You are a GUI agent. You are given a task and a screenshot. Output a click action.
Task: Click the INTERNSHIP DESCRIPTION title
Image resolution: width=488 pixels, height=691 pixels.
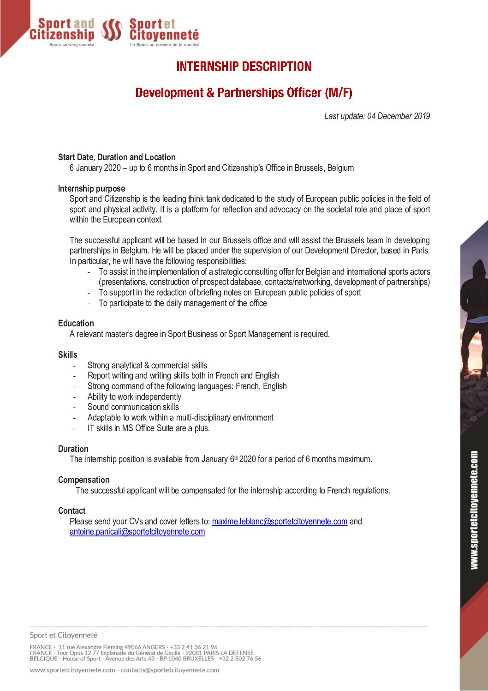pyautogui.click(x=244, y=66)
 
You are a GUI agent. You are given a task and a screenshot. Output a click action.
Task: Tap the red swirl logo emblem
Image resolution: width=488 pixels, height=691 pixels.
pyautogui.click(x=112, y=30)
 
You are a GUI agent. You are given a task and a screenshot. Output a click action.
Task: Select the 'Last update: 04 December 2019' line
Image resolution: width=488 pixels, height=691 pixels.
pyautogui.click(x=377, y=116)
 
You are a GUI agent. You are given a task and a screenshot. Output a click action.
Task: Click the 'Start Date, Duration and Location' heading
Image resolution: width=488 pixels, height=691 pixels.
pyautogui.click(x=117, y=157)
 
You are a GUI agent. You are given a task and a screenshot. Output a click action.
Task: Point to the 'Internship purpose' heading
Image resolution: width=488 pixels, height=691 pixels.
pyautogui.click(x=91, y=188)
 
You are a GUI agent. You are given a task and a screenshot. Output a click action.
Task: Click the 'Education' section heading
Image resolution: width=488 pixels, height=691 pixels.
pyautogui.click(x=76, y=324)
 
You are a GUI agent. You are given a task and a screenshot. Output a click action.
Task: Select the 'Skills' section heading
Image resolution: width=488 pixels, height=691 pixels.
pyautogui.click(x=68, y=355)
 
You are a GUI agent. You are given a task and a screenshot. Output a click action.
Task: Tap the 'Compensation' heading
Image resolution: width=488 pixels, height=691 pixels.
pyautogui.click(x=84, y=480)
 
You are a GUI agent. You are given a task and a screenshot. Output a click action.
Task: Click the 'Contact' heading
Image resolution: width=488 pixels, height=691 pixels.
pyautogui.click(x=71, y=511)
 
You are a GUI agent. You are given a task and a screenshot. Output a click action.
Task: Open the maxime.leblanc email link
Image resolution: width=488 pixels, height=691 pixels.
pyautogui.click(x=280, y=522)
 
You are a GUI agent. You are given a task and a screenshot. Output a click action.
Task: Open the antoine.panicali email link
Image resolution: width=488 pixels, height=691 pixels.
pyautogui.click(x=137, y=532)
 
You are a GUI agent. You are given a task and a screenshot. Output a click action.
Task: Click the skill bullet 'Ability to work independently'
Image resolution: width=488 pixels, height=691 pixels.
pyautogui.click(x=134, y=397)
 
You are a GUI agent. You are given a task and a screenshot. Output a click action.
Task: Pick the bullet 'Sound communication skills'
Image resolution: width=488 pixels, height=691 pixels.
pyautogui.click(x=133, y=407)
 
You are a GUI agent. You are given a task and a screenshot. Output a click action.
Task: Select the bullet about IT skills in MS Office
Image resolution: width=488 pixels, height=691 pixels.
pyautogui.click(x=149, y=428)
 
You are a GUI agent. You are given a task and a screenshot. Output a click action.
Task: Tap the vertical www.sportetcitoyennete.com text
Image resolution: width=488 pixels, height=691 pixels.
pyautogui.click(x=474, y=510)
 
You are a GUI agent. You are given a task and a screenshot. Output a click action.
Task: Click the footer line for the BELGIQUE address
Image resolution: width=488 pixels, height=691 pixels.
pyautogui.click(x=145, y=659)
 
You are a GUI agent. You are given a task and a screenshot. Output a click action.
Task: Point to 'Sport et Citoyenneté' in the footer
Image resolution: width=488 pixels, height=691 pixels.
pyautogui.click(x=64, y=635)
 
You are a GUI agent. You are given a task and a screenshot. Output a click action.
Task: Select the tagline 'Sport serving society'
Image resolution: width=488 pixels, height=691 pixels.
pyautogui.click(x=71, y=45)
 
